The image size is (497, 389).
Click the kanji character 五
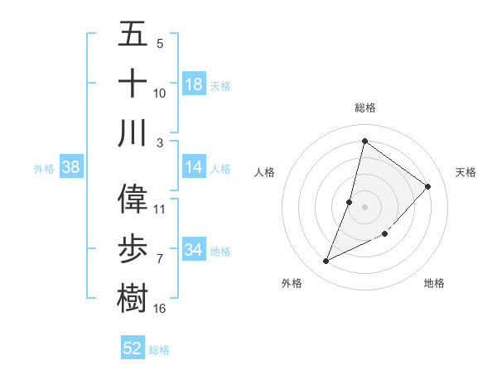click(133, 35)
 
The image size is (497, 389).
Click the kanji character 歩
click(133, 248)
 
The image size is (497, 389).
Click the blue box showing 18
click(194, 84)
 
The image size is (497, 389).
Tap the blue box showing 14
click(194, 167)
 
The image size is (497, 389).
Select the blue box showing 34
click(194, 250)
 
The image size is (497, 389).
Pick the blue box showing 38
click(71, 167)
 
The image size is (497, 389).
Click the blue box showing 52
click(133, 348)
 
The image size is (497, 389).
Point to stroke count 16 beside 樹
click(160, 309)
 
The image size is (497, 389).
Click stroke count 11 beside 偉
click(160, 209)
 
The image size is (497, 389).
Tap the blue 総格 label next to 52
click(159, 349)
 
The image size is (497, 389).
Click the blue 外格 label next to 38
click(44, 168)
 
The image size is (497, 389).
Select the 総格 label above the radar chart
click(364, 108)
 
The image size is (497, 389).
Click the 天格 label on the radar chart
click(466, 172)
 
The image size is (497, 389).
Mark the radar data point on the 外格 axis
click(326, 262)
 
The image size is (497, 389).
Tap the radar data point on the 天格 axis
click(428, 186)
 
